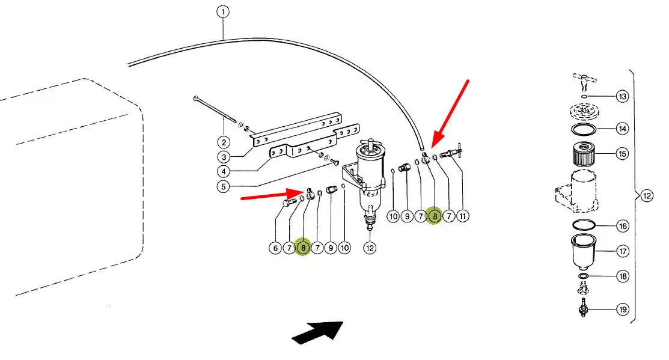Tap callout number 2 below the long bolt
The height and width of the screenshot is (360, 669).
224,142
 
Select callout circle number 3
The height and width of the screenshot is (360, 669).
224,157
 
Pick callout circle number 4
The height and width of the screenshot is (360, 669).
224,172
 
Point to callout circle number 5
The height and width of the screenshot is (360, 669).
224,186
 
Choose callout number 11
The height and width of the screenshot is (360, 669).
463,216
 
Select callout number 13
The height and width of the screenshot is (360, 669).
622,97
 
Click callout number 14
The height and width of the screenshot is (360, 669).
622,129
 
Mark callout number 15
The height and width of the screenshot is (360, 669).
622,154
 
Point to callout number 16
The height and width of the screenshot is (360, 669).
622,226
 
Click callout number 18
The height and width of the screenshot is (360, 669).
622,276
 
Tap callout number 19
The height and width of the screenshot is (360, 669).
622,310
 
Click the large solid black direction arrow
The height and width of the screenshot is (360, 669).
317,332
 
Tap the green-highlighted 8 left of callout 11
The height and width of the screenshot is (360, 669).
434,216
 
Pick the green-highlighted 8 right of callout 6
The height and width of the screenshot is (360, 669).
304,247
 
